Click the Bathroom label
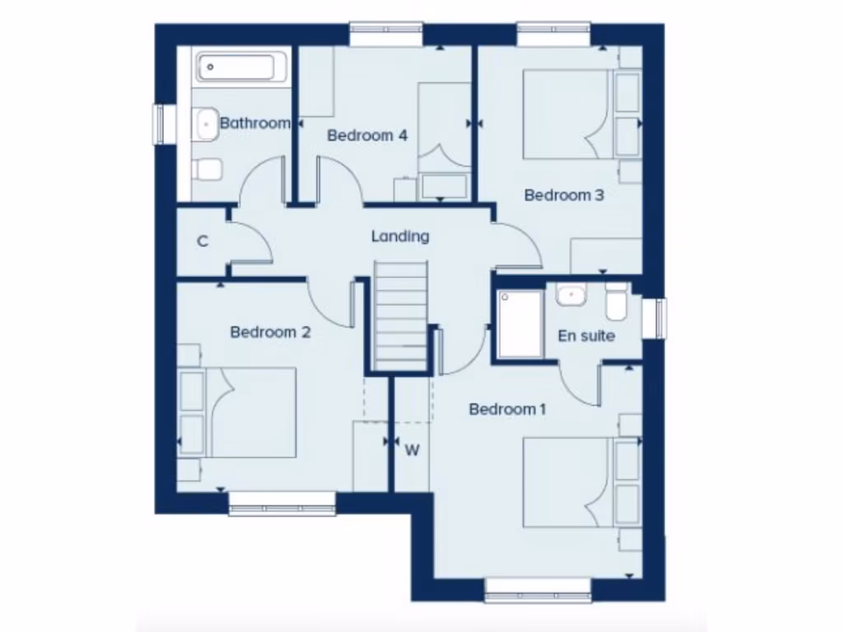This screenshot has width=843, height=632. (x=255, y=123)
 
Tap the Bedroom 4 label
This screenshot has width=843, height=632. (x=367, y=136)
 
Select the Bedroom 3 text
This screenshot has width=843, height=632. (x=564, y=196)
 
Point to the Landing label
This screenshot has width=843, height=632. (x=400, y=237)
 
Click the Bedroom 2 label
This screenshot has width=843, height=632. (x=270, y=332)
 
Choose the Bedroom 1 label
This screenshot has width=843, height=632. (x=507, y=409)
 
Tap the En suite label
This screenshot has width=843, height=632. (x=586, y=336)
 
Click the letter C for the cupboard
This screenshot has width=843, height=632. (x=203, y=242)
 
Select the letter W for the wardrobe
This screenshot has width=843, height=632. (x=412, y=450)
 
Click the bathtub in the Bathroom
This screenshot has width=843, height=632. (x=236, y=67)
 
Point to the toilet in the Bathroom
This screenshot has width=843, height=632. (x=207, y=170)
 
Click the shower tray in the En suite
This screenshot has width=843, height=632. (x=520, y=323)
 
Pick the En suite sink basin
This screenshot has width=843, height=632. (x=570, y=294)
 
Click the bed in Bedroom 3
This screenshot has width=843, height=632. (x=568, y=114)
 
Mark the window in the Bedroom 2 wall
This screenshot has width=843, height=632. (x=282, y=503)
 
